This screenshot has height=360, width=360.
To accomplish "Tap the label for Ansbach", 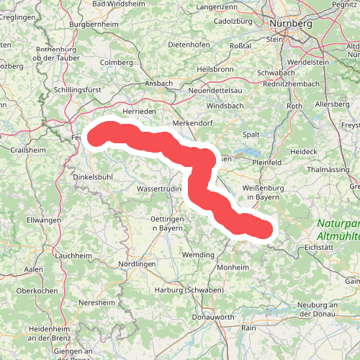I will pyautogui.click(x=158, y=84).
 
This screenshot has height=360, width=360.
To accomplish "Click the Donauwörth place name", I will pyautogui.click(x=213, y=318).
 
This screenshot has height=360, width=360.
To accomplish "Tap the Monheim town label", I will pyautogui.click(x=232, y=267).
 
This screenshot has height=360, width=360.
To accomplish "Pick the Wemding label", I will pyautogui.click(x=199, y=255).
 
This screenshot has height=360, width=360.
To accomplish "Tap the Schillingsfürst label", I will pyautogui.click(x=79, y=91).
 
